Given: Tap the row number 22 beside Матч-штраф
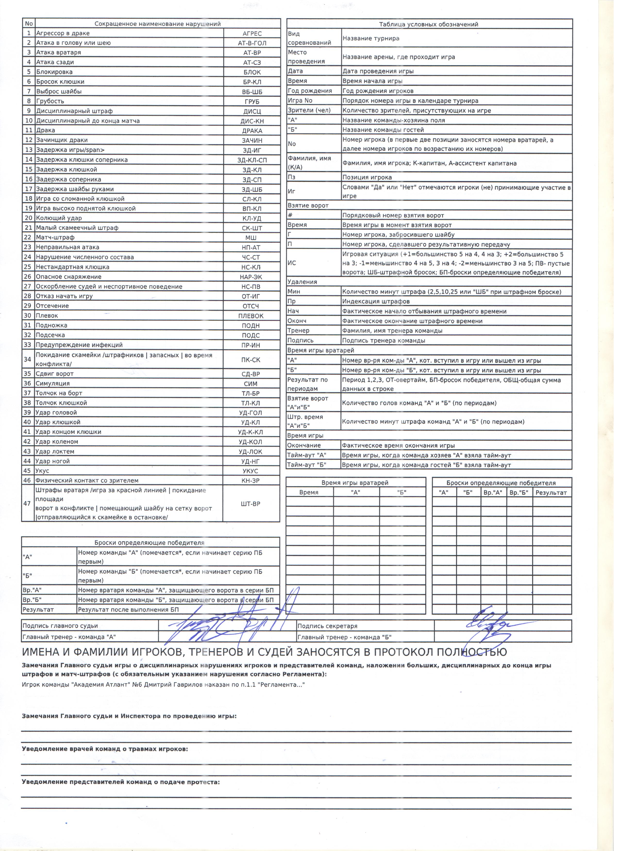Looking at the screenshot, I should click(28, 239).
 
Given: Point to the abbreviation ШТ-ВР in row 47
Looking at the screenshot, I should click(252, 508).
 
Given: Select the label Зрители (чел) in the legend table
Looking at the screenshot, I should click(311, 111).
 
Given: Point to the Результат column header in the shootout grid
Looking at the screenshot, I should click(556, 496).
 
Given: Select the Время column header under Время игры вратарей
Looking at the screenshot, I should click(311, 496).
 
